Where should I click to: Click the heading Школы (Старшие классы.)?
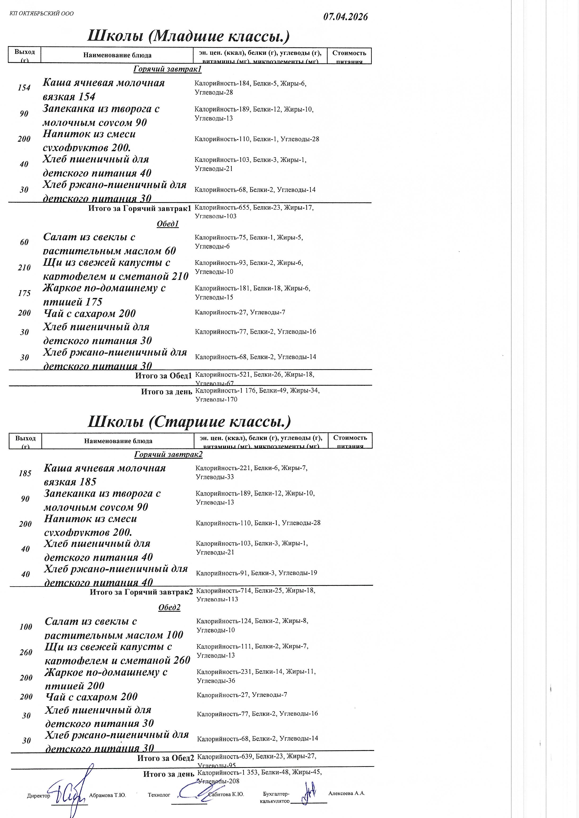[189, 422]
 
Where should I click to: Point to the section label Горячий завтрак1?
[167, 69]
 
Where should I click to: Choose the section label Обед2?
[169, 608]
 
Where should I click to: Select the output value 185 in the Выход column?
[25, 473]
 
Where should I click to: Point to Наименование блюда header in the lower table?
[118, 441]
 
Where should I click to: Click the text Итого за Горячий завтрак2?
[141, 592]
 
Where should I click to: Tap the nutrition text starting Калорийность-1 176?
[257, 395]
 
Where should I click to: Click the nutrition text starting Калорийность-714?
[256, 595]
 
